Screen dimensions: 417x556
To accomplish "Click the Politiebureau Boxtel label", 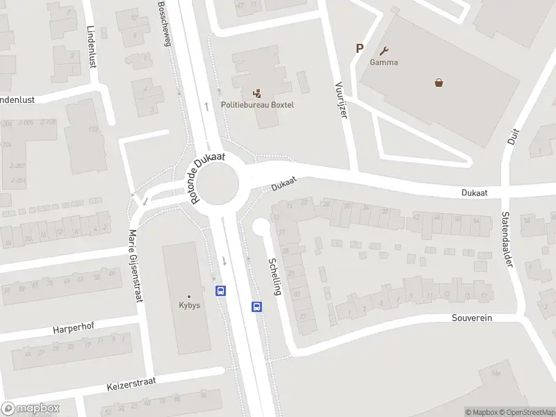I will point(257,105).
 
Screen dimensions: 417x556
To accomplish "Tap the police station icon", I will point(257,92).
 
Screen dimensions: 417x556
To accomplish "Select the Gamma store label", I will point(384,63).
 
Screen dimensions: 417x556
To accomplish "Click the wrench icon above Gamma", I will point(384,51).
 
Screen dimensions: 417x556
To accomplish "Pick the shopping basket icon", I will point(439,83).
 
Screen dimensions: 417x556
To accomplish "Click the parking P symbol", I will point(359,48).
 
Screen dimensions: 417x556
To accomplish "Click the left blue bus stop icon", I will point(221,291).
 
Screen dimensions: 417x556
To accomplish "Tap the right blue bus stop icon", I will point(256,306).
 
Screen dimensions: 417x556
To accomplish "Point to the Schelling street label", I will point(275,277).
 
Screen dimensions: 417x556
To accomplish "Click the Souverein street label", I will point(473,318).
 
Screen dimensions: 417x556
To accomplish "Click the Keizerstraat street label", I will point(131,382).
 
